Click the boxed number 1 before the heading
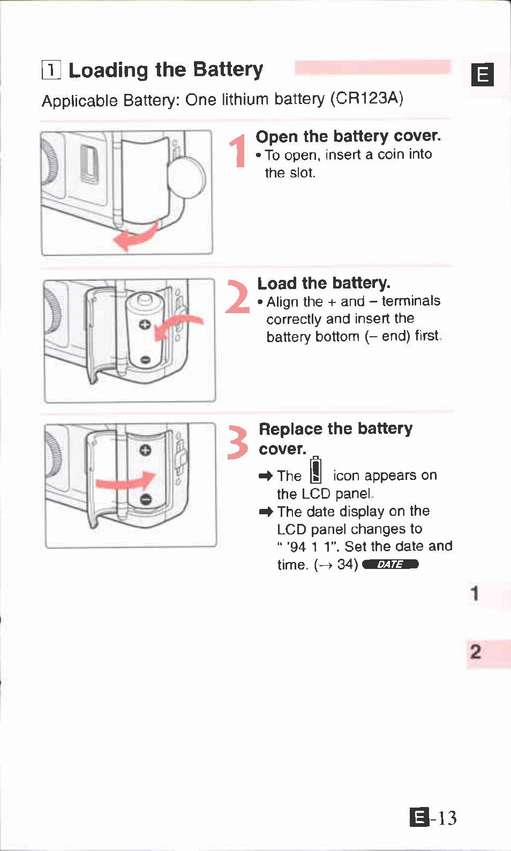(x=51, y=70)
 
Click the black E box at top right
(x=482, y=75)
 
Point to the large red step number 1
(x=237, y=151)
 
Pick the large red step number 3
(x=237, y=442)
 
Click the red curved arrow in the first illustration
(x=136, y=236)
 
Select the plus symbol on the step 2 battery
(x=144, y=325)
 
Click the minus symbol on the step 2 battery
(x=145, y=360)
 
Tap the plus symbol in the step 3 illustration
(x=145, y=449)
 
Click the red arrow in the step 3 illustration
(x=125, y=481)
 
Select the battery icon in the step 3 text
(x=317, y=470)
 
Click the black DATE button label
(x=390, y=564)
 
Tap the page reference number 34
(x=347, y=564)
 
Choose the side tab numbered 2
(x=475, y=652)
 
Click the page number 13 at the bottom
(x=447, y=818)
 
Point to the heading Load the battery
(x=324, y=283)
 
